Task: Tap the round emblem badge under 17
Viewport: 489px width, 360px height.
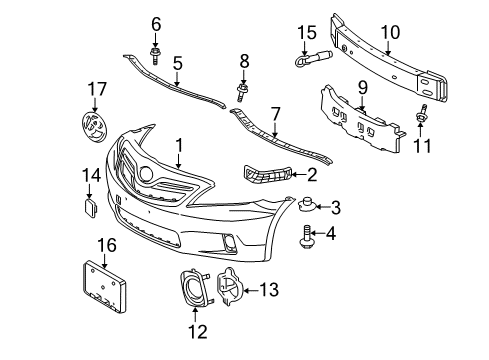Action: [x=90, y=131]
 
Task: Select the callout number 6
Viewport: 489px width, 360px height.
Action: [x=156, y=23]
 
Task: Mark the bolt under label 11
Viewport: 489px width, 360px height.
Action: [x=424, y=117]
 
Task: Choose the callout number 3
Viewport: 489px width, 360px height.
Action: [x=335, y=208]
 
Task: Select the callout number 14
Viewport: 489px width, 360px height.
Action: [x=89, y=176]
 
